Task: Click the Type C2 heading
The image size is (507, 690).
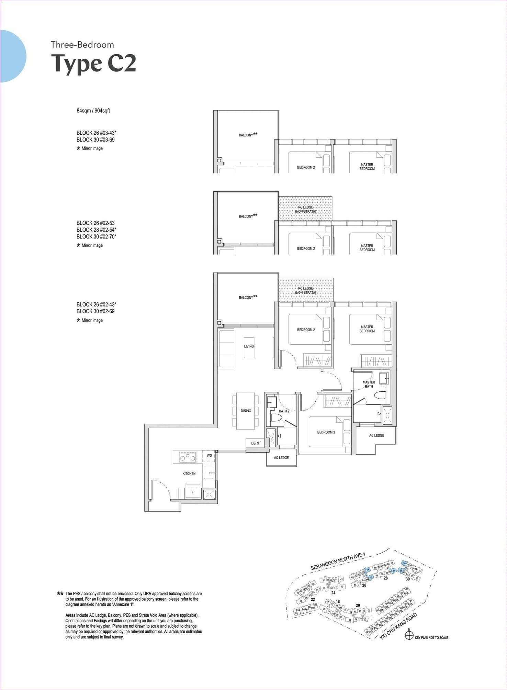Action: pos(93,64)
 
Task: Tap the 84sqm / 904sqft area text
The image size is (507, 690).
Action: pos(93,111)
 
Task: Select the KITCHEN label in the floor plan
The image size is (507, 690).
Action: pos(189,474)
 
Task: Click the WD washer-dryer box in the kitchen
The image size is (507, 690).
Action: pos(209,456)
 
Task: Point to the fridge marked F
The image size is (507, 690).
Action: pos(193,492)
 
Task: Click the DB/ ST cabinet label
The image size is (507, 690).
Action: pos(256,443)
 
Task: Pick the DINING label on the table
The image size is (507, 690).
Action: pos(246,411)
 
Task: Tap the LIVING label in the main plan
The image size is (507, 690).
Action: pos(249,346)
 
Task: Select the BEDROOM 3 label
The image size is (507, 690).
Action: pos(326,432)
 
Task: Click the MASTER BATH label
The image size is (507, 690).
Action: pos(369,384)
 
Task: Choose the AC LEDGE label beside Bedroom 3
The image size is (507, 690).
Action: pos(376,435)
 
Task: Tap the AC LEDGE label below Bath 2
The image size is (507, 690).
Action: pos(281,458)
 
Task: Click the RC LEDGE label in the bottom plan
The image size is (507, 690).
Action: pos(305,291)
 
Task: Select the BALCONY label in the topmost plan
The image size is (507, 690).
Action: pos(246,135)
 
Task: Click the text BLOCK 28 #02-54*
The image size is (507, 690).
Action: pos(97,230)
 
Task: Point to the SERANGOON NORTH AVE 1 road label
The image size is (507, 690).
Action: pos(338,561)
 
